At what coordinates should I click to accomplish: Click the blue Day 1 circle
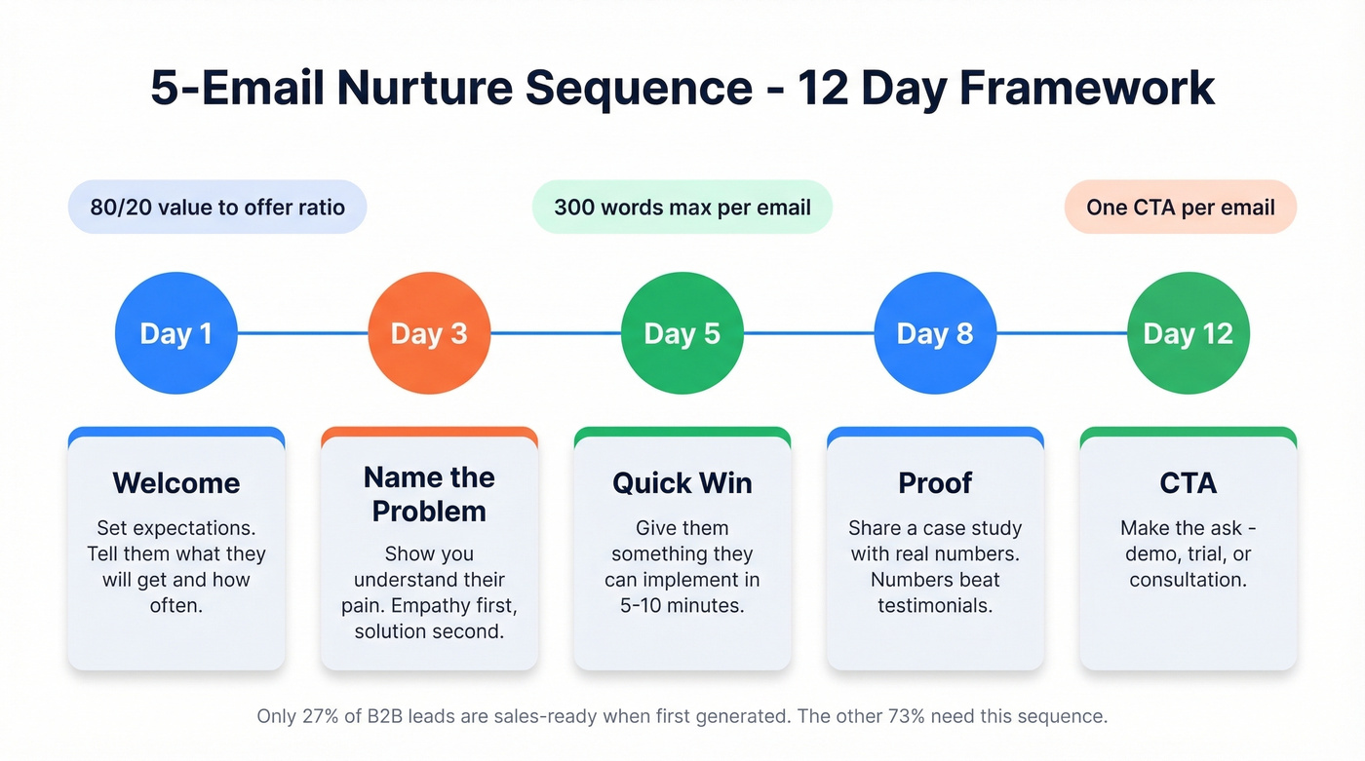175,333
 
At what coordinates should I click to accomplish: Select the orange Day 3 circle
429,333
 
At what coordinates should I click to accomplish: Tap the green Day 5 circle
682,333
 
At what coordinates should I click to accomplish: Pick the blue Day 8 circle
935,333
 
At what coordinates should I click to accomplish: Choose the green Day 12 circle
1188,333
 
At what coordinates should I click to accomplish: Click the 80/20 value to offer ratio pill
217,207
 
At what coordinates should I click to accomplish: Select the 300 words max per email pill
682,207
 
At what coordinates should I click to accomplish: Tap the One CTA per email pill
1180,207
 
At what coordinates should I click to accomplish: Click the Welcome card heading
175,483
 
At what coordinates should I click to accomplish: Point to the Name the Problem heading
429,494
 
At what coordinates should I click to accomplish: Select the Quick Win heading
682,483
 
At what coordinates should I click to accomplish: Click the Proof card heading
935,483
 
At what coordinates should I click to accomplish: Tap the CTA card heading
1188,483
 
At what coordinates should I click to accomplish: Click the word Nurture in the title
423,88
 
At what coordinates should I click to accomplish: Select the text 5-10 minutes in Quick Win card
682,605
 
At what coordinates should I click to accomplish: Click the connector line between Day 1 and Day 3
302,333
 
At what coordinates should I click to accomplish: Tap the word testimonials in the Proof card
935,605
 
